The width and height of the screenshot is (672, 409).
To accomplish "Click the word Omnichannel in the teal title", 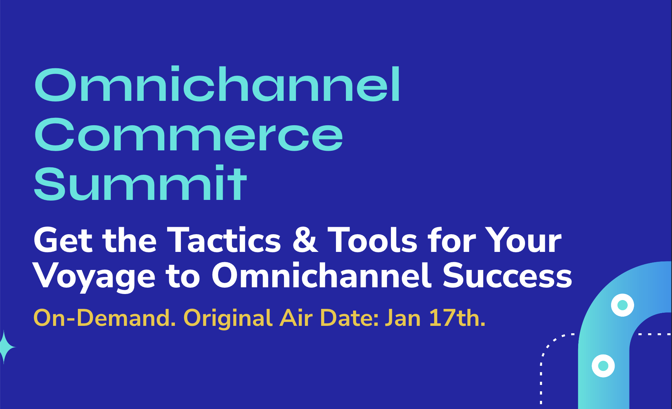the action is pos(217,84).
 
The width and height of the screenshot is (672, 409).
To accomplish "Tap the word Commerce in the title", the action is pos(188,135).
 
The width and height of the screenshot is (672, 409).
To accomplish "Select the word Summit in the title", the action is pos(140,183).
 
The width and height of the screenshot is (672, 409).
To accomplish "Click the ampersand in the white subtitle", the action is pos(305,240).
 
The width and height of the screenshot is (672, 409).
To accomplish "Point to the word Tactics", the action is pos(224,240).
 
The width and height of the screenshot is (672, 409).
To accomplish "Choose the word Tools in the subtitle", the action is pos(372,240).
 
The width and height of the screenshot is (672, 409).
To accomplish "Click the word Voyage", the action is pos(94,277).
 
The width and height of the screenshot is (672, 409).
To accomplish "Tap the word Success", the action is pos(507,276).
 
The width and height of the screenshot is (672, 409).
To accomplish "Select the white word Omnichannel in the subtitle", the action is pos(321,275).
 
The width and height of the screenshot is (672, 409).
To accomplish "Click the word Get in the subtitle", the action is pos(63,240).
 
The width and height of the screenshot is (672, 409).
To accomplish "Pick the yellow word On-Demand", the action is pos(104,318).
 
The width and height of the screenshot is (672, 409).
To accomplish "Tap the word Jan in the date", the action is pos(403,318).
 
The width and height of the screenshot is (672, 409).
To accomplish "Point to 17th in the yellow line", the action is pos(457,318).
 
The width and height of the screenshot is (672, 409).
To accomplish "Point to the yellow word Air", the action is pos(296,318).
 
